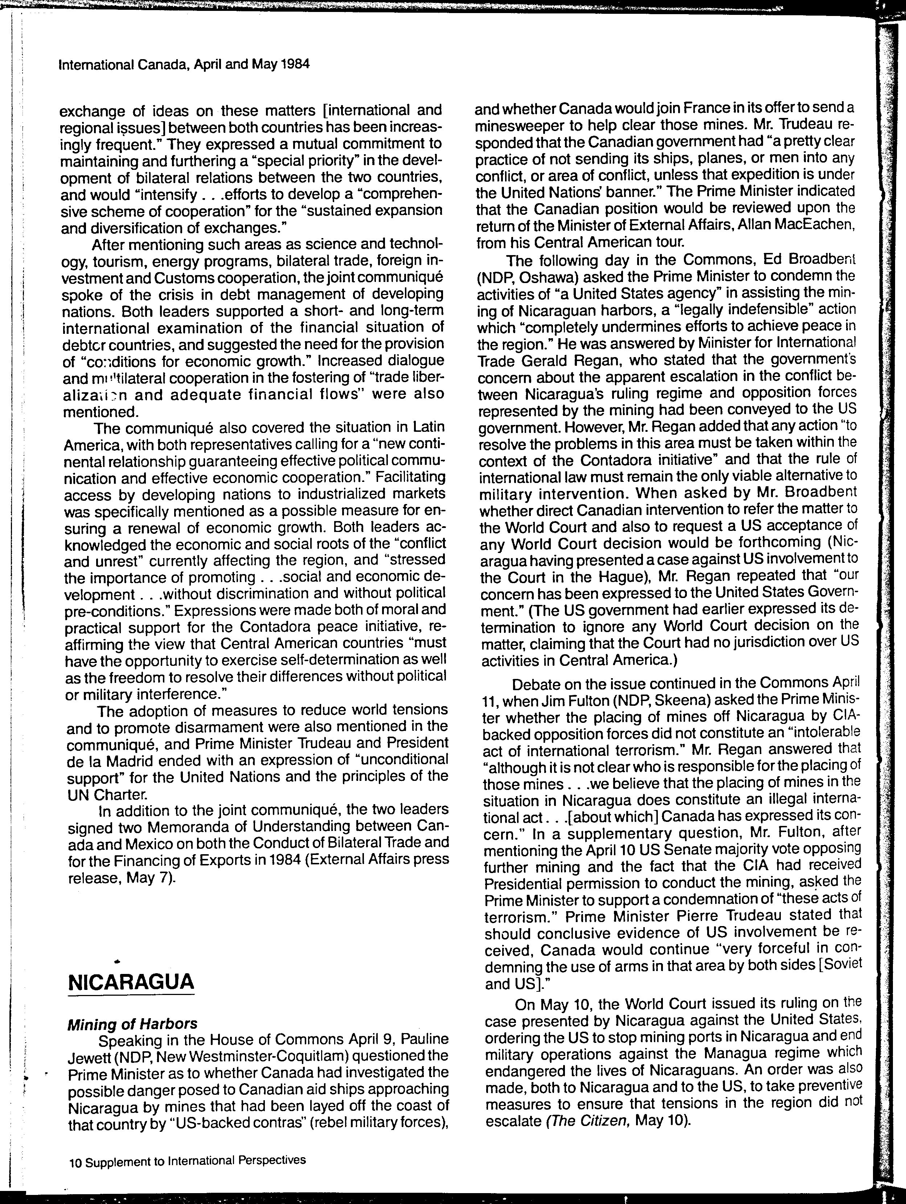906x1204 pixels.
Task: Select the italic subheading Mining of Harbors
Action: [x=132, y=1024]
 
